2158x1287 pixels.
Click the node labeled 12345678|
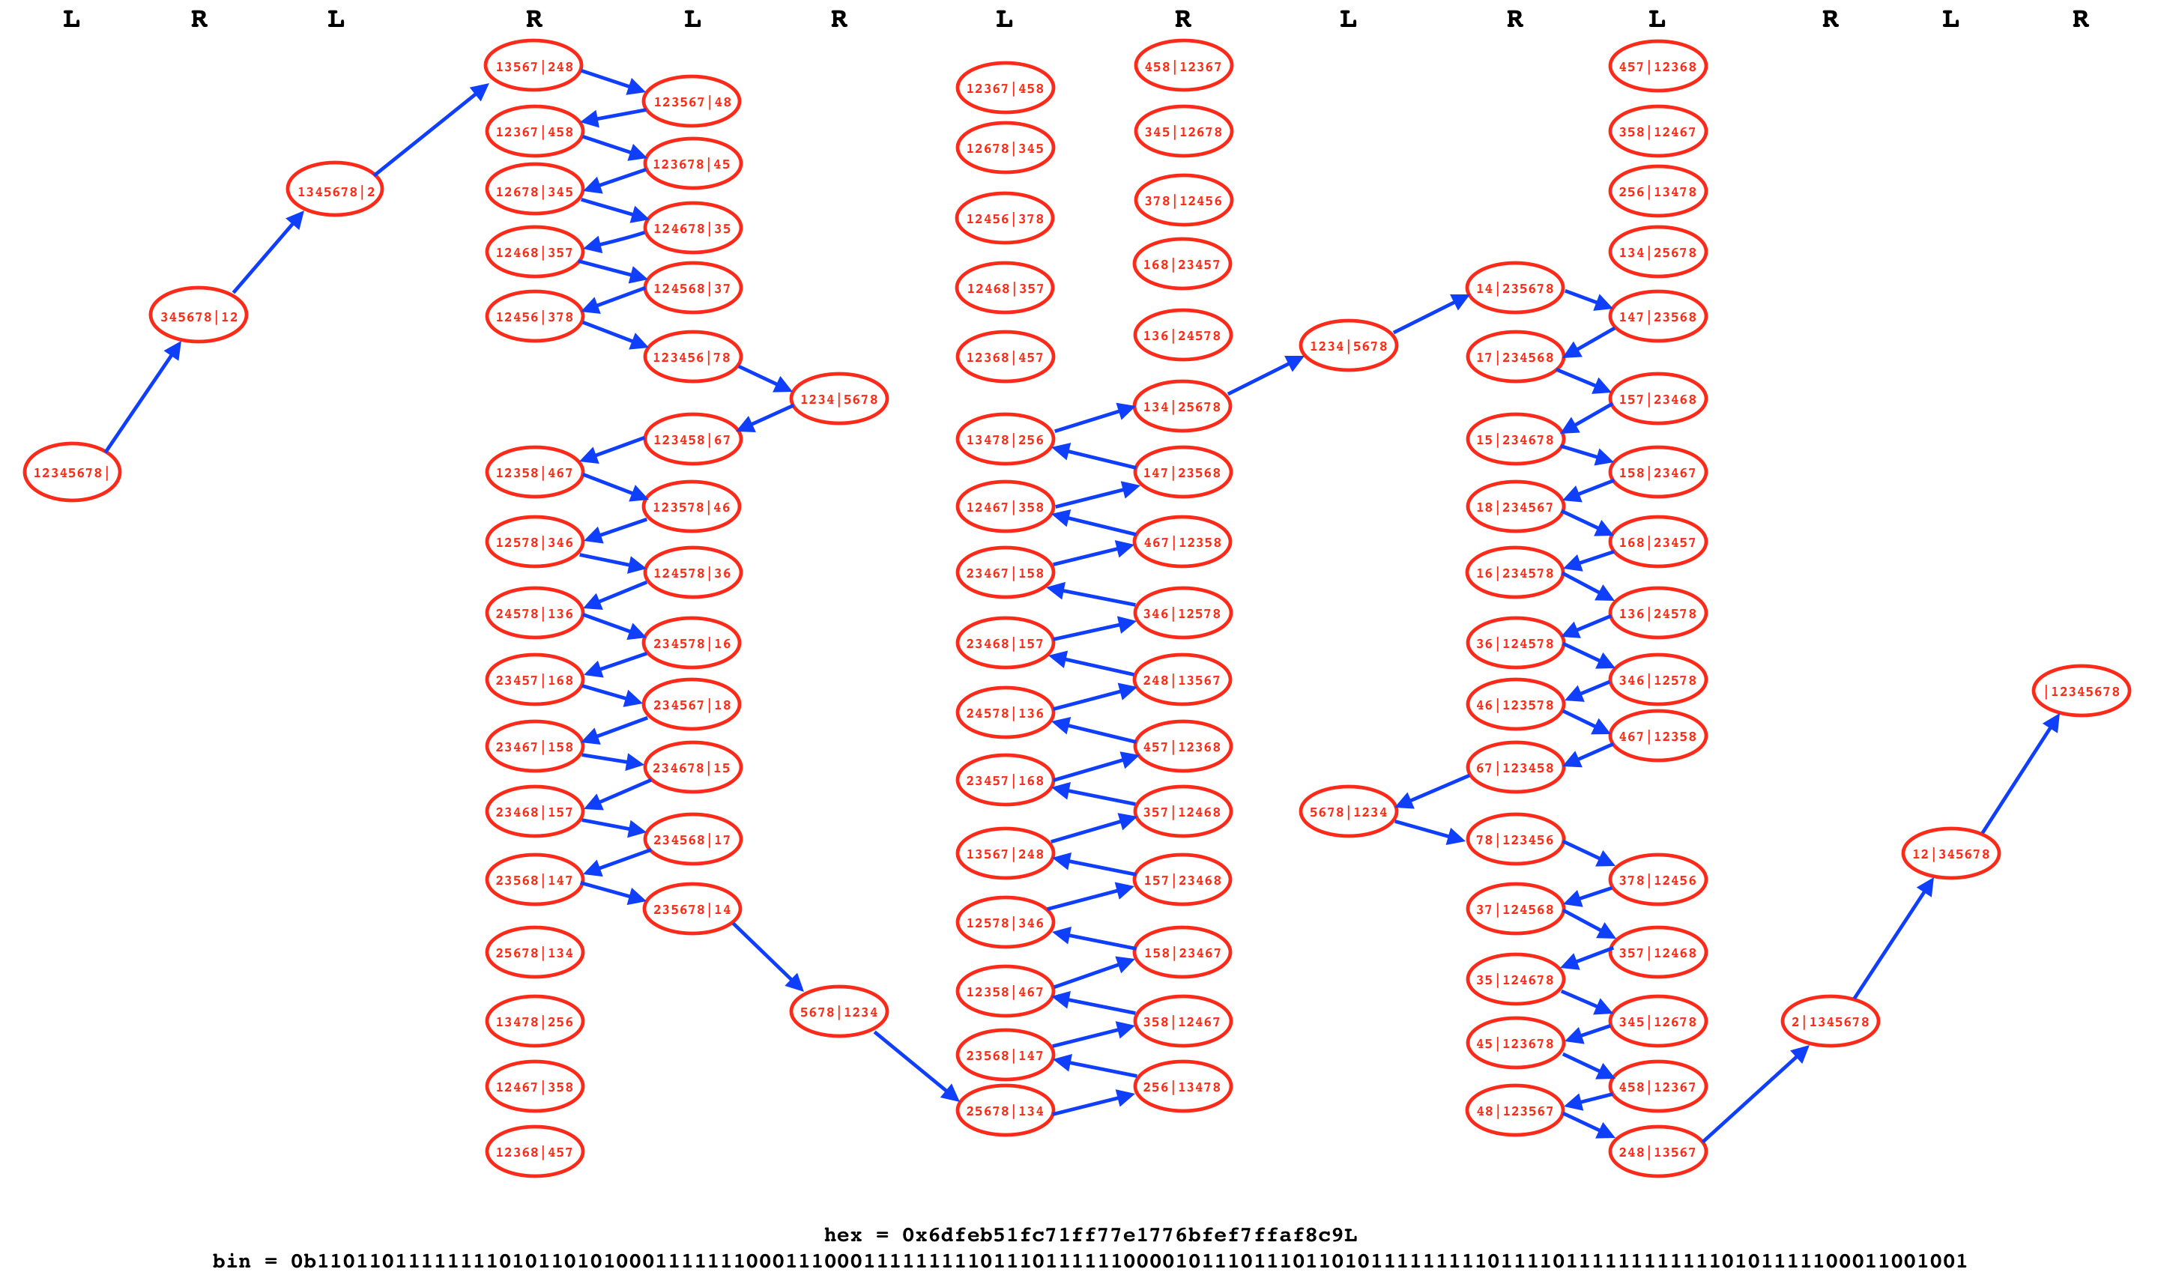pyautogui.click(x=72, y=472)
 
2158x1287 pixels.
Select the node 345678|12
pyautogui.click(x=199, y=315)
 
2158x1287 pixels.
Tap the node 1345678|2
pyautogui.click(x=336, y=190)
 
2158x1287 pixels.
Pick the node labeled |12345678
pyautogui.click(x=2081, y=691)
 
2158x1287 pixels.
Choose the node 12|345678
pyautogui.click(x=1950, y=853)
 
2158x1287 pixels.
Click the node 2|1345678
pyautogui.click(x=1830, y=1021)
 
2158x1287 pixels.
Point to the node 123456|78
pyautogui.click(x=692, y=357)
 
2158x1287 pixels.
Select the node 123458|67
pyautogui.click(x=692, y=439)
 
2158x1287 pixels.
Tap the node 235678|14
pyautogui.click(x=692, y=909)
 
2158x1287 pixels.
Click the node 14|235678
pyautogui.click(x=1515, y=288)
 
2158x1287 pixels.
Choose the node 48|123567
pyautogui.click(x=1515, y=1110)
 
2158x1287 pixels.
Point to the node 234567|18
pyautogui.click(x=692, y=704)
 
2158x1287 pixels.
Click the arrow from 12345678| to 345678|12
pyautogui.click(x=142, y=397)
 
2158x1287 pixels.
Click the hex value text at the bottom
pyautogui.click(x=1090, y=1234)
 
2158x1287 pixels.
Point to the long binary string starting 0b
pyautogui.click(x=1090, y=1261)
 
